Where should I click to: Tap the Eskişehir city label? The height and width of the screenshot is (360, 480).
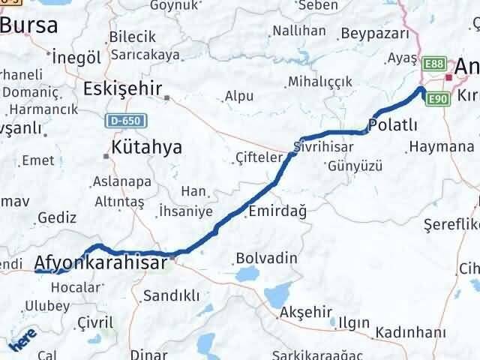pyautogui.click(x=123, y=89)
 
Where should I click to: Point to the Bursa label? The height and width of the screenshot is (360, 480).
pyautogui.click(x=28, y=25)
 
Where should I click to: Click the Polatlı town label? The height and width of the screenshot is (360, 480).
pyautogui.click(x=393, y=124)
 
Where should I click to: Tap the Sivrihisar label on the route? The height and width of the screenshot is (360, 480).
pyautogui.click(x=326, y=146)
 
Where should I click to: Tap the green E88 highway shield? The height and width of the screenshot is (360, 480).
pyautogui.click(x=433, y=64)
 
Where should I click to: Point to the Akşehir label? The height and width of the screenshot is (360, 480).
pyautogui.click(x=304, y=311)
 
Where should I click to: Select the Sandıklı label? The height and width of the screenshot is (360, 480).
pyautogui.click(x=171, y=295)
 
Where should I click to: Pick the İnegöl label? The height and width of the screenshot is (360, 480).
pyautogui.click(x=76, y=57)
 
